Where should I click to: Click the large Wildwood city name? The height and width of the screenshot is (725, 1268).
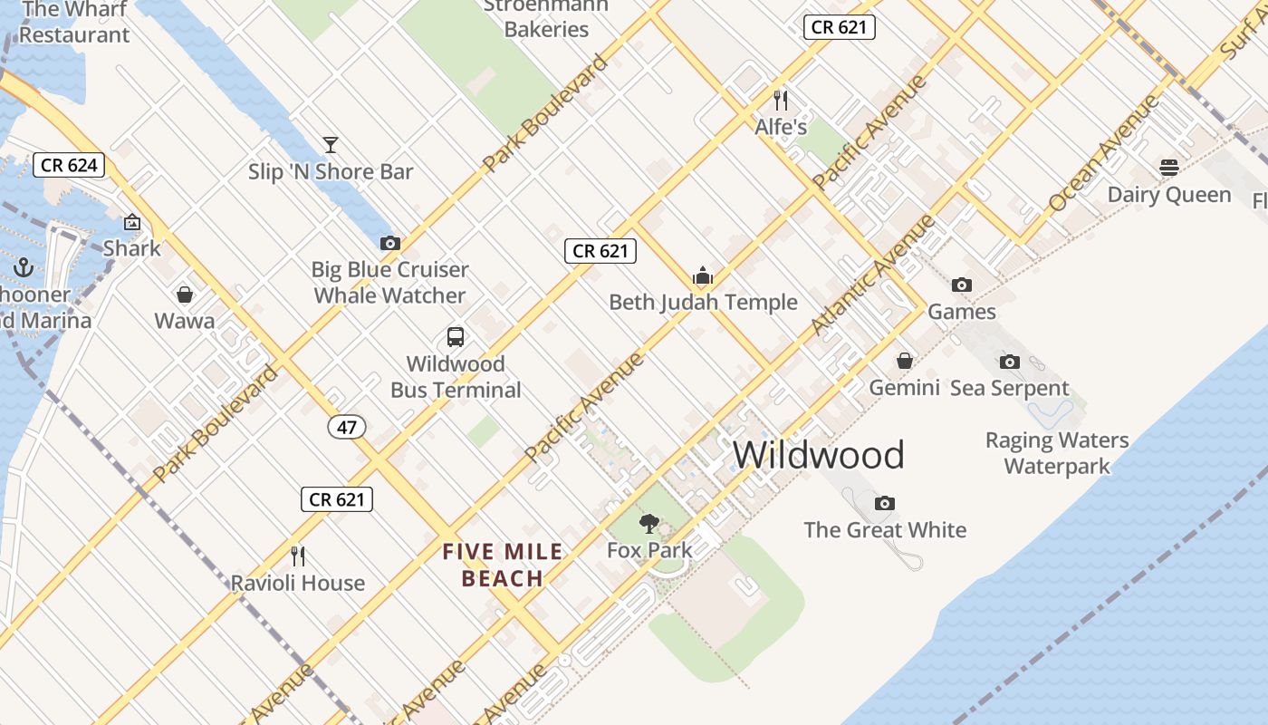tap(818, 455)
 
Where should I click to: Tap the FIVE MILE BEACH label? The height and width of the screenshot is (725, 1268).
tap(503, 565)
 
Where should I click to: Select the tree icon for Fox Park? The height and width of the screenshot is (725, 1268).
tap(649, 523)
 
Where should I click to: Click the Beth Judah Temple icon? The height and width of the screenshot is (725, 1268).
tap(703, 275)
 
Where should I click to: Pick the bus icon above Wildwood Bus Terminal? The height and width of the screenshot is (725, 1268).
tap(456, 337)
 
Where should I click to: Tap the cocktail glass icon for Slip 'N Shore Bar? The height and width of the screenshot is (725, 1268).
tap(331, 145)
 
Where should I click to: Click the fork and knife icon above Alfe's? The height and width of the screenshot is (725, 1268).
tap(781, 100)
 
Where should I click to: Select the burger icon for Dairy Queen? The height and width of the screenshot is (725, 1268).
tap(1169, 168)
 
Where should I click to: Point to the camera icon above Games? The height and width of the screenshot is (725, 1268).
tap(962, 285)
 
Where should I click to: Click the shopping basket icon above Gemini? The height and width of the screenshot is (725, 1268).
tap(904, 361)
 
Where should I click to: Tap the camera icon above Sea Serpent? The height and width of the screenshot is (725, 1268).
tap(1010, 362)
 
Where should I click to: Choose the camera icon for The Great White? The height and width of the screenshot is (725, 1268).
tap(885, 503)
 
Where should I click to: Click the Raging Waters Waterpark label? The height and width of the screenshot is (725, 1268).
tap(1057, 453)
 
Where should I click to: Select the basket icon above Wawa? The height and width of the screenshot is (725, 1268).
tap(185, 295)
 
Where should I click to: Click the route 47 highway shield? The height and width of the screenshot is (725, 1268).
tap(348, 426)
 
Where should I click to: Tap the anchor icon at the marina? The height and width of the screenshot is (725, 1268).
tap(24, 267)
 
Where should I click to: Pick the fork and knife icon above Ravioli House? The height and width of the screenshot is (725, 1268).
tap(297, 556)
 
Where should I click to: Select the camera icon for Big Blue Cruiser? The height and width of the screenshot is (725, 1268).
tap(390, 243)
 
